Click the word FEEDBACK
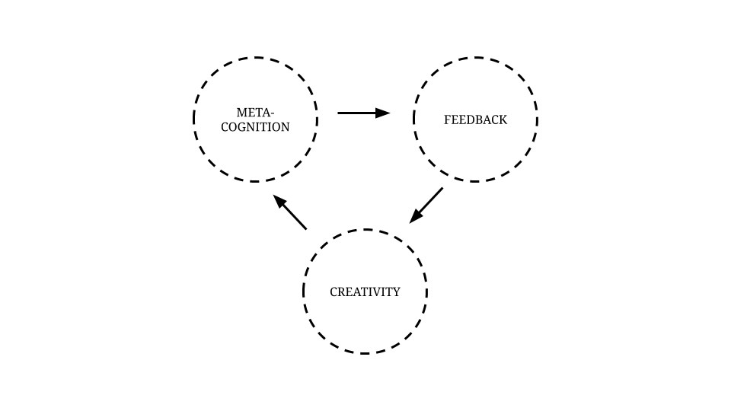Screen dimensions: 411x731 coord(475,119)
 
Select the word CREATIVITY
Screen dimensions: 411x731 coord(365,292)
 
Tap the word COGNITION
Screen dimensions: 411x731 coord(255,127)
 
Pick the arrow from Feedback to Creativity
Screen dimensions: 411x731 coord(426,205)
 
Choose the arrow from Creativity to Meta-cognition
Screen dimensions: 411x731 coord(290,212)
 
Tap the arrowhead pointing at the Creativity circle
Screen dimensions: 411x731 coord(415,217)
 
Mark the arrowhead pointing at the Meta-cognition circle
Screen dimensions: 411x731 coord(279,201)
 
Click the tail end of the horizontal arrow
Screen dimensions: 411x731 coord(340,113)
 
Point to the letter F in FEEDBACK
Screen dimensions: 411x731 coord(448,119)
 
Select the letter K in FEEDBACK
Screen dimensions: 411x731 coord(503,119)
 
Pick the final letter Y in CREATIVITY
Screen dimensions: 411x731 coord(396,292)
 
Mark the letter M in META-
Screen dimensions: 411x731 coord(241,113)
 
